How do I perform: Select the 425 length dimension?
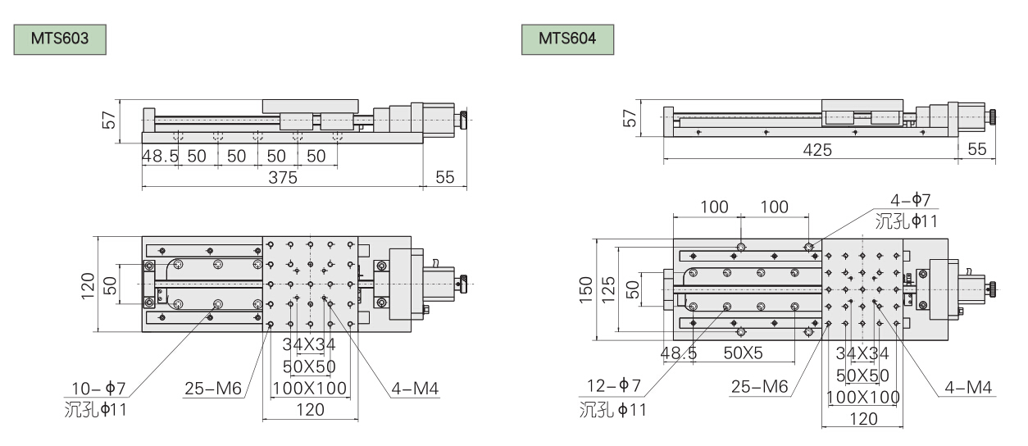816,149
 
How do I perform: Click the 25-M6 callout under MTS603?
212,388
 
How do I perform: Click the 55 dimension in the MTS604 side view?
977,149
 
